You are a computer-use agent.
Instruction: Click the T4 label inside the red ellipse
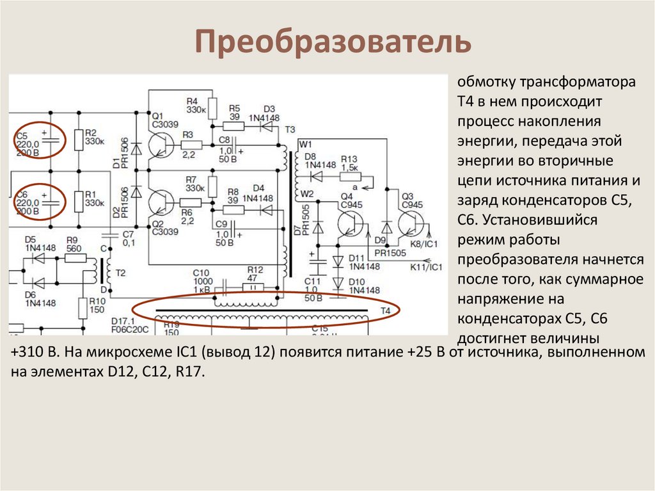click(x=385, y=310)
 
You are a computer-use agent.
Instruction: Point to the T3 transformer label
click(x=290, y=129)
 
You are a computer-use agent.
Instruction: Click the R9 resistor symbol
click(x=75, y=258)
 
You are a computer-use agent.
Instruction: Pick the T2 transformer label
click(x=120, y=273)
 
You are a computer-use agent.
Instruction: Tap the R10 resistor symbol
click(x=83, y=309)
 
